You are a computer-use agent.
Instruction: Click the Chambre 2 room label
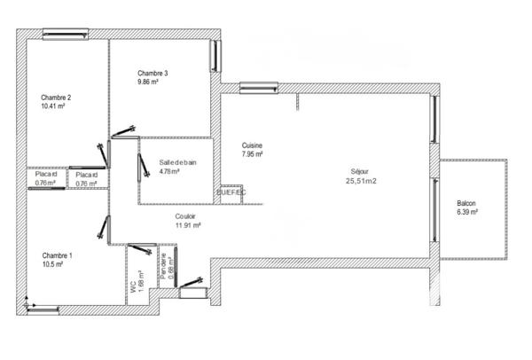pos(56,98)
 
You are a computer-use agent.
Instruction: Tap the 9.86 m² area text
pos(147,82)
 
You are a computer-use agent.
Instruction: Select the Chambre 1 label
pos(56,255)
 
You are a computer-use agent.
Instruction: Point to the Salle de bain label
pos(177,163)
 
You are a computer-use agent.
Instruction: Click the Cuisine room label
pos(252,145)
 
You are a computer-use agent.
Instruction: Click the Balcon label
pos(466,203)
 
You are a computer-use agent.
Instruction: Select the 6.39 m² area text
pos(467,212)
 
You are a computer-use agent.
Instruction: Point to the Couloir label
pos(186,215)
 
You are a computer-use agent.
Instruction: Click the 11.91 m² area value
pos(188,224)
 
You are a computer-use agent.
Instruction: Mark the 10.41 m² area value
pos(54,106)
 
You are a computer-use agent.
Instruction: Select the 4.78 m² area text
pos(169,172)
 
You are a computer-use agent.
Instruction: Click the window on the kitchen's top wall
pos(258,87)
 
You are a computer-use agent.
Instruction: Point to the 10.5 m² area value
pos(52,264)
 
